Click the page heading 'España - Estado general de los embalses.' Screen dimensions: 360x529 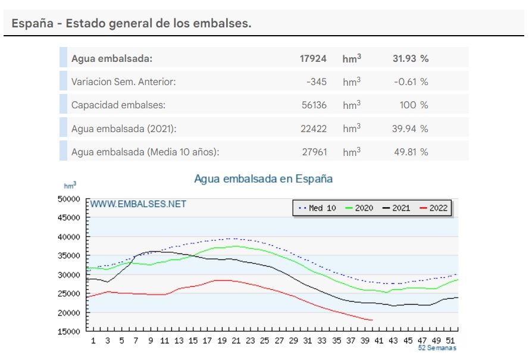pos(132,24)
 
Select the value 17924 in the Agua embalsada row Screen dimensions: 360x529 pos(313,58)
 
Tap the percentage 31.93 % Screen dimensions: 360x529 pos(410,58)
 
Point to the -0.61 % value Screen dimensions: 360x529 pos(411,82)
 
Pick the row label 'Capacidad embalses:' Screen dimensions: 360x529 pos(118,105)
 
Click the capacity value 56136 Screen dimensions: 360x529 pos(314,105)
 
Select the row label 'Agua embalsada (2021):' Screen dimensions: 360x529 pos(124,129)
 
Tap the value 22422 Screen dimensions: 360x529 pos(314,129)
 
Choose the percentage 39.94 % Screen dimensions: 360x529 pos(410,129)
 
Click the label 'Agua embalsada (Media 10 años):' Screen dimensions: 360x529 pos(145,152)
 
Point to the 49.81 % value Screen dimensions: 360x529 pos(410,152)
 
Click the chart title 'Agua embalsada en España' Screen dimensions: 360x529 pos(263,179)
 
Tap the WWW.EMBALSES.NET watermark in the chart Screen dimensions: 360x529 pos(138,204)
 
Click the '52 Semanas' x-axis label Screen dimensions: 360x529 pos(437,348)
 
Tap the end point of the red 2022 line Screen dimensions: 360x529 pos(373,320)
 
